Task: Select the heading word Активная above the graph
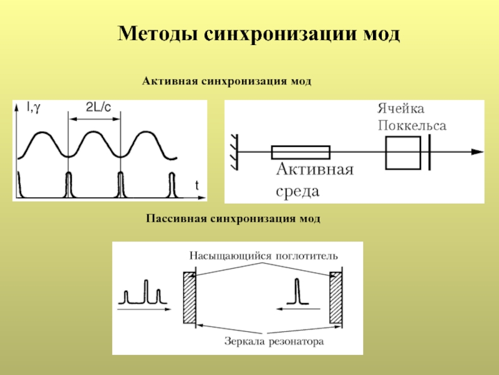click(170, 81)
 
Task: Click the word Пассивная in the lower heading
click(177, 219)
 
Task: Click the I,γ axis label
click(34, 108)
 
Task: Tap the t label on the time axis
click(196, 185)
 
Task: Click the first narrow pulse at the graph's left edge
click(19, 185)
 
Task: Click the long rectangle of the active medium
click(301, 152)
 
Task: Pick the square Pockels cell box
click(403, 152)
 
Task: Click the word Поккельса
click(412, 125)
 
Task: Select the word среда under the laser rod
click(298, 191)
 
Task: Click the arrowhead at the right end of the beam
click(477, 151)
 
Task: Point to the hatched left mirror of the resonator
click(189, 297)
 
